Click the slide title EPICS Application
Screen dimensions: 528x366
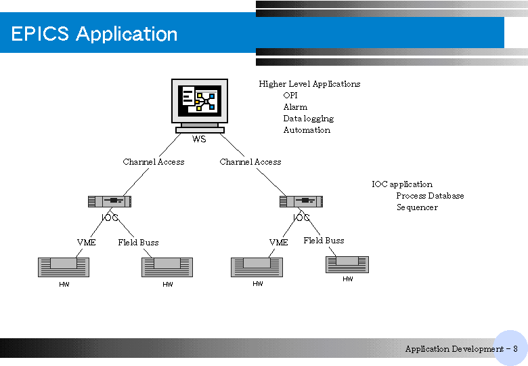click(94, 34)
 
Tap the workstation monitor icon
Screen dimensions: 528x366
click(200, 106)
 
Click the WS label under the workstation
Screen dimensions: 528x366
click(199, 139)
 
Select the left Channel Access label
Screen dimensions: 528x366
click(154, 162)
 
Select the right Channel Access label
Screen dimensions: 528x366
click(250, 162)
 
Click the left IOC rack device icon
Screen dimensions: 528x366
click(110, 201)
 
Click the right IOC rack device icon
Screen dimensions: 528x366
click(301, 201)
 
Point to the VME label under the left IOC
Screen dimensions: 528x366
click(86, 243)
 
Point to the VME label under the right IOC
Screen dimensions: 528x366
click(278, 243)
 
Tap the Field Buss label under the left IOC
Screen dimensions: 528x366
click(138, 243)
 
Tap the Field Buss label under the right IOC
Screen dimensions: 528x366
click(324, 241)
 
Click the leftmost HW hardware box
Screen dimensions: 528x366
click(64, 267)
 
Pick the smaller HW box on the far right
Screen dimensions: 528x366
click(347, 264)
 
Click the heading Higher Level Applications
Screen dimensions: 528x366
click(309, 84)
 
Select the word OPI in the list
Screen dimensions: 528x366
click(290, 96)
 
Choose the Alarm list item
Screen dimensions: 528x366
click(295, 107)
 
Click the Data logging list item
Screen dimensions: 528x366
click(309, 119)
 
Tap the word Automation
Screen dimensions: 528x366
click(307, 130)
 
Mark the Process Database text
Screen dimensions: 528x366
click(430, 196)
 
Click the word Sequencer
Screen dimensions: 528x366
click(417, 207)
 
